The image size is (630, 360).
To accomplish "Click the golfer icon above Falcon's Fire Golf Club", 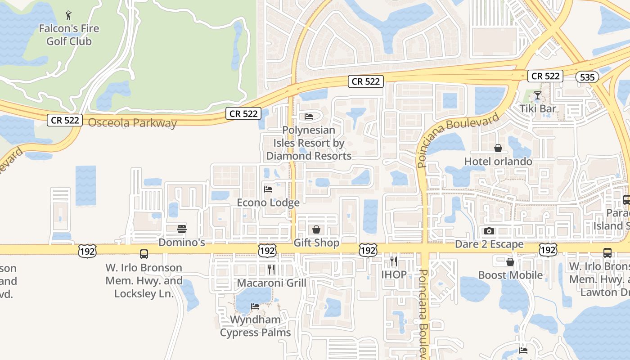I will [x=68, y=15].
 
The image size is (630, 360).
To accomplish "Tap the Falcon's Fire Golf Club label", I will [x=69, y=35].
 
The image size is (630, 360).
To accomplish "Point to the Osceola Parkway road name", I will [x=132, y=123].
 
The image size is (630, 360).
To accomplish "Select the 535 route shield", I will [x=587, y=77].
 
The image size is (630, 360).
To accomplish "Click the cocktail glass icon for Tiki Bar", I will [x=537, y=95].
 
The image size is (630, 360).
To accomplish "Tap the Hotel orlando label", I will [x=498, y=161].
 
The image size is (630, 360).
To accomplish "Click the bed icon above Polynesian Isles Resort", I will [x=309, y=117].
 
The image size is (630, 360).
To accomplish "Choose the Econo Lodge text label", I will [x=268, y=202].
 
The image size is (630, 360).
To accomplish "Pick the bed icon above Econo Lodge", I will [x=268, y=189].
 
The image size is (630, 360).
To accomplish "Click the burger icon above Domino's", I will [x=182, y=229].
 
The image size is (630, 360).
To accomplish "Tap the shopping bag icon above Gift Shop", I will [x=316, y=229].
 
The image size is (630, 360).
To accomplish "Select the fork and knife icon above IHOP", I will [x=394, y=261].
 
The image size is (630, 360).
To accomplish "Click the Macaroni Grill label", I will [x=271, y=283].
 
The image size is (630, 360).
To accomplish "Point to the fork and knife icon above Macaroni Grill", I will [x=271, y=270].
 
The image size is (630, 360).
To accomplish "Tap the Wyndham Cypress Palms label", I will [x=255, y=326].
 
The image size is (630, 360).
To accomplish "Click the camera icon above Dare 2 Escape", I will [x=489, y=231].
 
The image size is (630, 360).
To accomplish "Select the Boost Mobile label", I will [x=510, y=275].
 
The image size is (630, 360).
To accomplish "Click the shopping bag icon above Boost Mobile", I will [x=510, y=262].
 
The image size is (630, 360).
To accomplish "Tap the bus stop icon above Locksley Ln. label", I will [x=144, y=254].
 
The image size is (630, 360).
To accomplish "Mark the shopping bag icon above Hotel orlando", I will [x=498, y=148].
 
